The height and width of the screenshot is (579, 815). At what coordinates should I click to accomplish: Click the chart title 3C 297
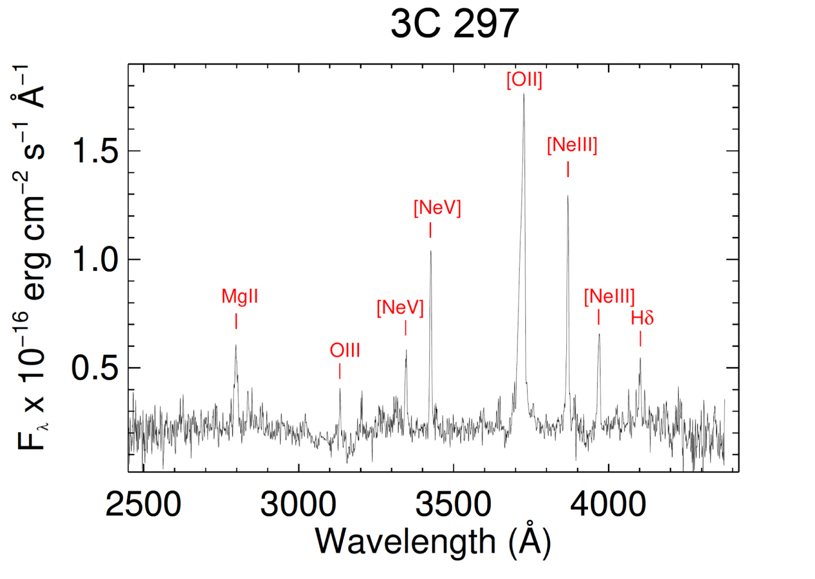click(454, 24)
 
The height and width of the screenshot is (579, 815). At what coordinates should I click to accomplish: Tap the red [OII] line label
click(524, 80)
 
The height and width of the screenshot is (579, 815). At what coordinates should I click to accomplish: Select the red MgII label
click(240, 296)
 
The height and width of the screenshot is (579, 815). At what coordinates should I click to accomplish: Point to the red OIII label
click(345, 350)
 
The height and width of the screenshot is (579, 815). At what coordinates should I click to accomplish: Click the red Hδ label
click(642, 318)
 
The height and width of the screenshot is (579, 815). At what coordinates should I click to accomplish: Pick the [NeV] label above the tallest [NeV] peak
click(437, 208)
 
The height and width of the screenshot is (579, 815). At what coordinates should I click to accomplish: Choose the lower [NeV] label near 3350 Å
click(400, 308)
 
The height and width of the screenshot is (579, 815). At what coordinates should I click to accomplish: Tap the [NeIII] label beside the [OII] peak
click(572, 145)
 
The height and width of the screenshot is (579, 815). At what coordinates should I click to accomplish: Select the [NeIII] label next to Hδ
click(609, 296)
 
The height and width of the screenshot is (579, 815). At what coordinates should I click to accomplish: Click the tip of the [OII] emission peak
click(523, 95)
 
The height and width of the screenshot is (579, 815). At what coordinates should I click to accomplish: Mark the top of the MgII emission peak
click(235, 345)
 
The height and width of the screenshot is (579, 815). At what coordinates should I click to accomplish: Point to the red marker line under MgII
click(236, 320)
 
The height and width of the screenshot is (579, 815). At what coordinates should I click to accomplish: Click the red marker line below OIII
click(340, 371)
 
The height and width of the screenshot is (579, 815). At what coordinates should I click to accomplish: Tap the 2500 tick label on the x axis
click(143, 504)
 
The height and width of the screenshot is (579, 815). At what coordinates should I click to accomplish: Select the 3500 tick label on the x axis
click(453, 504)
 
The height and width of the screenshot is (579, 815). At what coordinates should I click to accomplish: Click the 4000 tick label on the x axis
click(608, 504)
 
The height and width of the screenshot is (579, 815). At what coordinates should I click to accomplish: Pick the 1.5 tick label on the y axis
click(95, 150)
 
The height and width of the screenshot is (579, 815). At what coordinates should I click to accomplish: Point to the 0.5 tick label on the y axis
click(95, 367)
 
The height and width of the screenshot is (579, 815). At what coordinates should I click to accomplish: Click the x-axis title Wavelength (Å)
click(433, 541)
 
